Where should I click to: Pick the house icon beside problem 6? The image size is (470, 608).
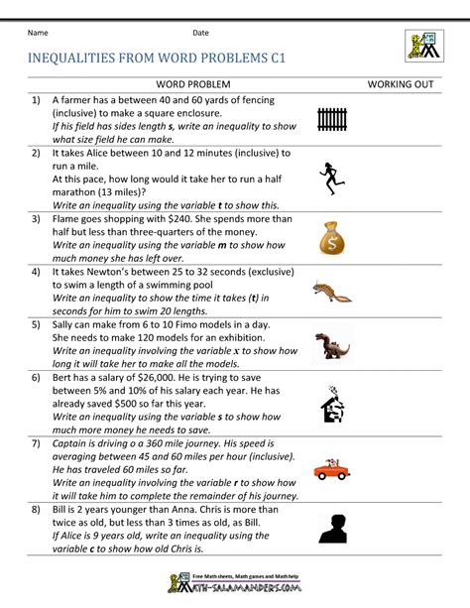click(x=331, y=405)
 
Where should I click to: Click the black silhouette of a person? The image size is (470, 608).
click(x=331, y=528)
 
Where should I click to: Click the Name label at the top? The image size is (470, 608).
click(x=39, y=33)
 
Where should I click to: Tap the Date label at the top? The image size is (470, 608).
click(x=200, y=33)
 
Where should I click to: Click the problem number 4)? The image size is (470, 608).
click(x=36, y=270)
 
